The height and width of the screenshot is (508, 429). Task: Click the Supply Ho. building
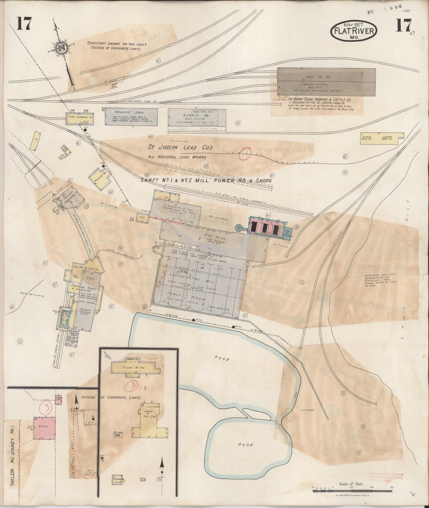pos(197,119)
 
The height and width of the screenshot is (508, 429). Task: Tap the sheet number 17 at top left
pos(24,24)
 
